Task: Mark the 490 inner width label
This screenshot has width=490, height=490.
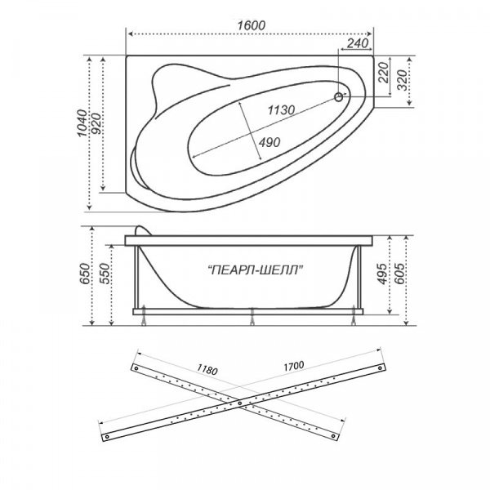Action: [269, 142]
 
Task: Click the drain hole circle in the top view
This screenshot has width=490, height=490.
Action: [338, 97]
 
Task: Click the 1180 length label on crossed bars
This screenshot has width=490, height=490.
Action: [207, 370]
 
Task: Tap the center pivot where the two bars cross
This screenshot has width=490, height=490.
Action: [239, 401]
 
